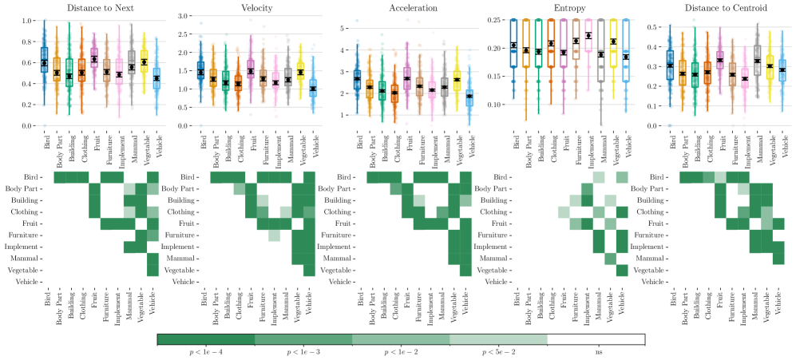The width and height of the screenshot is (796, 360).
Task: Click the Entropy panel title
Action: click(x=568, y=7)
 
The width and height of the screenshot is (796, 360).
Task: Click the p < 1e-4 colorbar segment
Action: click(x=206, y=339)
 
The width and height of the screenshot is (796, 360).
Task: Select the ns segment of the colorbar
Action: click(x=596, y=339)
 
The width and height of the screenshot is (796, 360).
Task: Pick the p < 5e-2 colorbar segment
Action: click(x=498, y=339)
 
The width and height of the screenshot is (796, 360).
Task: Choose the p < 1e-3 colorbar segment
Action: click(x=303, y=339)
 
